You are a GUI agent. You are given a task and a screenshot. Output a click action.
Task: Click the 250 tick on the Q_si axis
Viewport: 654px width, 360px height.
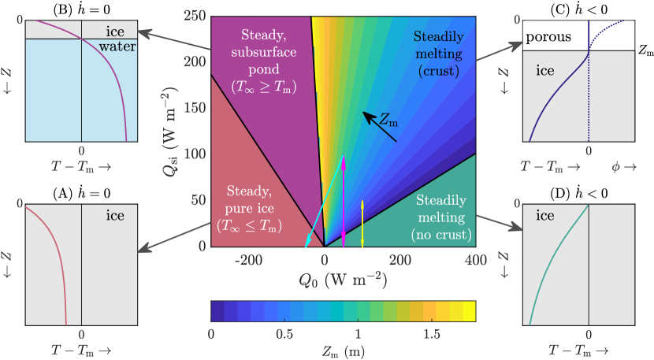coord(195,15)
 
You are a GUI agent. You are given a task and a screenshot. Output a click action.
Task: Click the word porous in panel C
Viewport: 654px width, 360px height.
coord(548,37)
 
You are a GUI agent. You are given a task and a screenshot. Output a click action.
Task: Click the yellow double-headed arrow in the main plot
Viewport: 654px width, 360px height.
coord(362,224)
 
